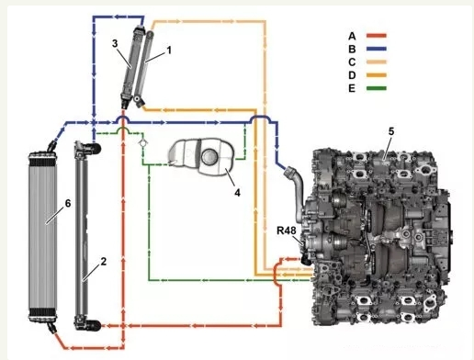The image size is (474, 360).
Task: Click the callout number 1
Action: pyautogui.click(x=169, y=51)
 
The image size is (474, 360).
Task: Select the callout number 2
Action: pyautogui.click(x=104, y=262)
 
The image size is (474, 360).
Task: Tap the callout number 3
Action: pyautogui.click(x=115, y=43)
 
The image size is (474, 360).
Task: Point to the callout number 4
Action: pyautogui.click(x=237, y=193)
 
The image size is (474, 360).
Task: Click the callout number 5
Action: pyautogui.click(x=391, y=131)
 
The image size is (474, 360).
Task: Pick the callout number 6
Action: pyautogui.click(x=68, y=203)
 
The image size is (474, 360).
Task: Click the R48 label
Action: pyautogui.click(x=287, y=231)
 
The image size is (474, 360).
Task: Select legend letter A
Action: pyautogui.click(x=352, y=36)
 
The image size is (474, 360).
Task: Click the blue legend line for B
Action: pyautogui.click(x=377, y=49)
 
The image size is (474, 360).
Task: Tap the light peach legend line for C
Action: pyautogui.click(x=377, y=62)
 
